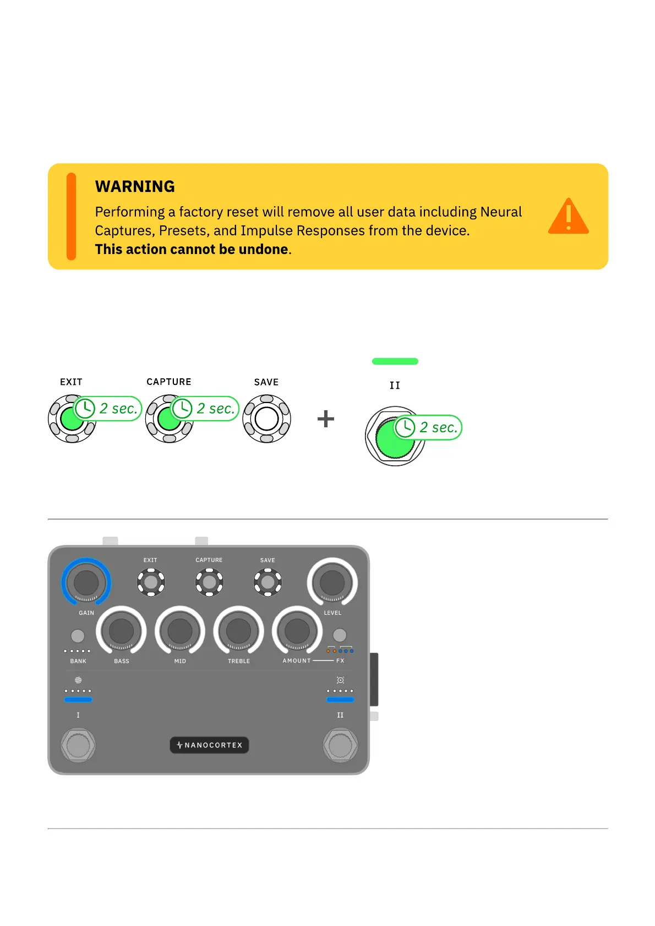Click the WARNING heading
(x=135, y=187)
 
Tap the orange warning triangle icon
(x=568, y=217)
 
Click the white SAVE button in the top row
(x=267, y=419)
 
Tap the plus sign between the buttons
(x=326, y=419)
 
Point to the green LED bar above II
(x=395, y=361)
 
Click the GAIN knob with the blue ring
(x=86, y=583)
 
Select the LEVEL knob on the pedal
(x=332, y=583)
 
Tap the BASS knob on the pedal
(x=122, y=631)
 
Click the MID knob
(x=180, y=631)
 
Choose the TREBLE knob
(x=238, y=631)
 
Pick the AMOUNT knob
(x=297, y=631)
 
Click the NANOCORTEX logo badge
(x=209, y=745)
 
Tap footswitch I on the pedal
(x=78, y=746)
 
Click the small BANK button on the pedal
(x=78, y=636)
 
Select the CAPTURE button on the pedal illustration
(x=209, y=582)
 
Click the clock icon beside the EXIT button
(x=85, y=409)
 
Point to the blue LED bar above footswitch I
(x=78, y=700)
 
